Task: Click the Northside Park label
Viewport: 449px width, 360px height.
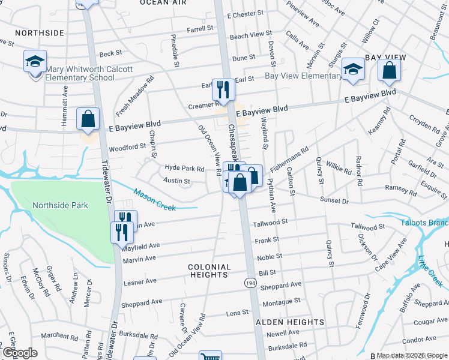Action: (x=61, y=205)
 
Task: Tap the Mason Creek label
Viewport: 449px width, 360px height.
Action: (x=154, y=200)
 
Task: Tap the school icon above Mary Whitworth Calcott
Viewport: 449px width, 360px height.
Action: (x=35, y=61)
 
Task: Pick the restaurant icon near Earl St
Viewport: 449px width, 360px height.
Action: (x=223, y=90)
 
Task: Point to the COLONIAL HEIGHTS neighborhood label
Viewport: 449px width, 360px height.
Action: (x=209, y=271)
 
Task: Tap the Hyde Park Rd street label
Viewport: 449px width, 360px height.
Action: (x=185, y=169)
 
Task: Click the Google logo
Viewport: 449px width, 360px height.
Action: (x=20, y=353)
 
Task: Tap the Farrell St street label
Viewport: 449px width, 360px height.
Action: (x=200, y=28)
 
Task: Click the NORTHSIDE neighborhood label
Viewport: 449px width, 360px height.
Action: (x=39, y=32)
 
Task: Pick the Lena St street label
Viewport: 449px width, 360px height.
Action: (x=237, y=313)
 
